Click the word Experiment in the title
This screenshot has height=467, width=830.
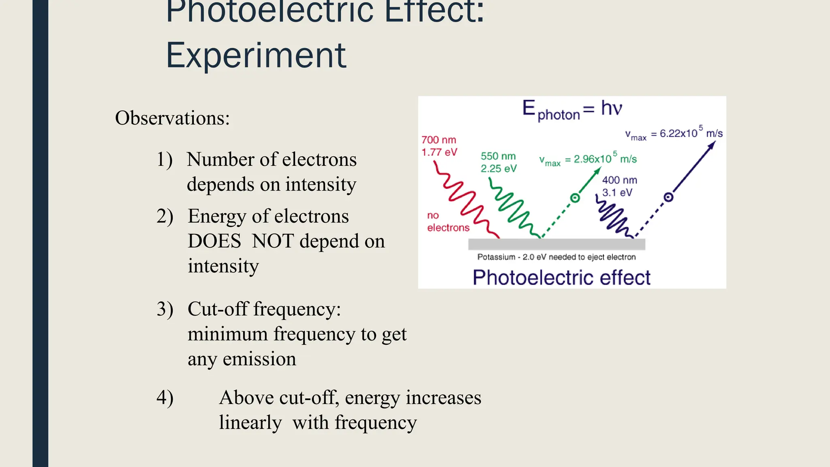point(256,56)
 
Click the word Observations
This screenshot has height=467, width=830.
point(172,118)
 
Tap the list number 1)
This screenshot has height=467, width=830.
point(165,159)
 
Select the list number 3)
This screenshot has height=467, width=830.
point(165,309)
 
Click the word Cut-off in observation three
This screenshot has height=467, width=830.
point(218,309)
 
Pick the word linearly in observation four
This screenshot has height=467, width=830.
point(250,422)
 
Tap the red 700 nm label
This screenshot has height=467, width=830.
point(439,140)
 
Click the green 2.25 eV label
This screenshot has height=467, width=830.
point(498,169)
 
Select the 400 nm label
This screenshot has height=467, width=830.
point(619,180)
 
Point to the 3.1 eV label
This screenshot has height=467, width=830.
point(617,193)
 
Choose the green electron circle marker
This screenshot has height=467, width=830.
point(575,198)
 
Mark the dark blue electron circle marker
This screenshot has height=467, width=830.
point(668,197)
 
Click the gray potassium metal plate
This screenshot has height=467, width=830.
point(556,244)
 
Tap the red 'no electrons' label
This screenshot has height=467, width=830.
point(448,221)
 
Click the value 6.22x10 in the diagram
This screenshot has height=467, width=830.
point(678,133)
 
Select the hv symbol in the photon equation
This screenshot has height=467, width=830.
point(611,108)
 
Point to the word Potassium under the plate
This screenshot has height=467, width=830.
point(496,257)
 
